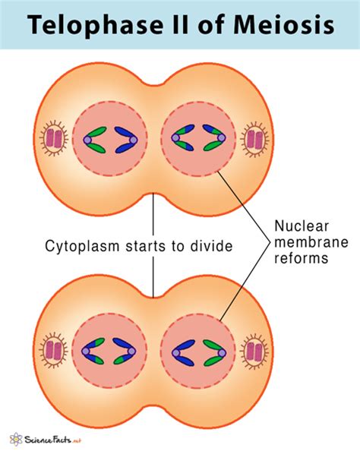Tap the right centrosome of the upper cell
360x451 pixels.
pyautogui.click(x=254, y=140)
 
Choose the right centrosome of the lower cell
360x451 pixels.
pyautogui.click(x=254, y=352)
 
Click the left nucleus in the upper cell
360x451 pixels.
pyautogui.click(x=110, y=139)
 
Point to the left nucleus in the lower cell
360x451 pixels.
pyautogui.click(x=110, y=352)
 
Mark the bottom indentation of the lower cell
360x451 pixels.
pyautogui.click(x=154, y=408)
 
